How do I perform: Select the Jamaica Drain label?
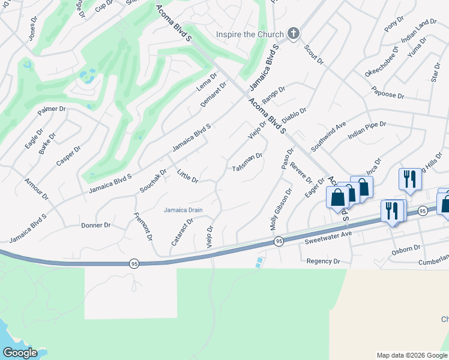click(x=183, y=210)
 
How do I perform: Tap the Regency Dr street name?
click(x=323, y=261)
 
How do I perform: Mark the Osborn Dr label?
click(x=406, y=248)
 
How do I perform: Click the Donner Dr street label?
click(x=95, y=226)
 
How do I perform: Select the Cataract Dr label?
click(x=181, y=232)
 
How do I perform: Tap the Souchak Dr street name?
click(x=152, y=179)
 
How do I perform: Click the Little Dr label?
click(x=188, y=176)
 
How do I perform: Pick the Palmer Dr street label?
click(x=51, y=110)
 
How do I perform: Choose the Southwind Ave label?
click(x=328, y=136)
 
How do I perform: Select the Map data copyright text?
click(x=411, y=355)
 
